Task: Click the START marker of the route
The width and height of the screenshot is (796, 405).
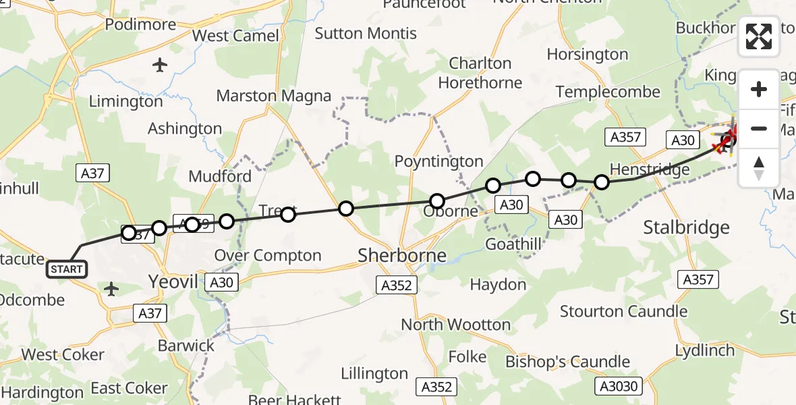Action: point(66,269)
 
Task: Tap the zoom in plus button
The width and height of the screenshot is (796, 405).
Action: point(759,89)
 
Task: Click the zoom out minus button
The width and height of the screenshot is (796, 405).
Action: point(759,128)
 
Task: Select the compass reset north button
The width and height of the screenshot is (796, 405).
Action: point(759,167)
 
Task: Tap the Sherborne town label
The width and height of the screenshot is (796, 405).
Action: point(402,255)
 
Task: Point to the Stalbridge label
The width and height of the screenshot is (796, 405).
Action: point(686,227)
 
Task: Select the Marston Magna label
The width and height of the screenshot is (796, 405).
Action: point(274,96)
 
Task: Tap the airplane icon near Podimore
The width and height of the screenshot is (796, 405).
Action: point(160,65)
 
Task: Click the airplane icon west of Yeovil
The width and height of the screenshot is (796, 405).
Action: point(112,290)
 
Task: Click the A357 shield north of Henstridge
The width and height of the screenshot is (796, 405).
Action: point(625,137)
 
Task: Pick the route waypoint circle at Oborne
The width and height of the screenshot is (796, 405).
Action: point(437,201)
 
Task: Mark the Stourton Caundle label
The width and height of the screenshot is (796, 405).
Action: point(623,311)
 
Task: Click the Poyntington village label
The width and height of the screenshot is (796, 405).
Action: point(439,161)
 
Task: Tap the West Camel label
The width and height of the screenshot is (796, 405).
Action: point(235,35)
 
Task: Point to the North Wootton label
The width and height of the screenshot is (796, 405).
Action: point(455,325)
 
